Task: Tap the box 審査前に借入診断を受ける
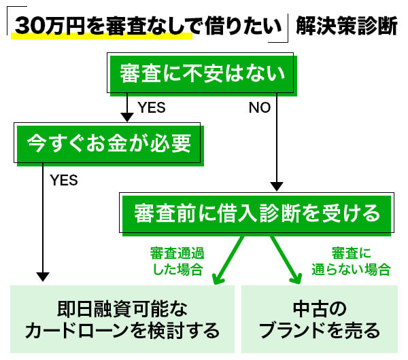[x=257, y=213]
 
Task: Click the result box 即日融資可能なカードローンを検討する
[x=122, y=319]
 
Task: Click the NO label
[x=259, y=108]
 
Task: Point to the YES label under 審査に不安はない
[x=151, y=108]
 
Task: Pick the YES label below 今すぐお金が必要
[x=64, y=181]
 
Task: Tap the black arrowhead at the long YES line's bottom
[x=43, y=276]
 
